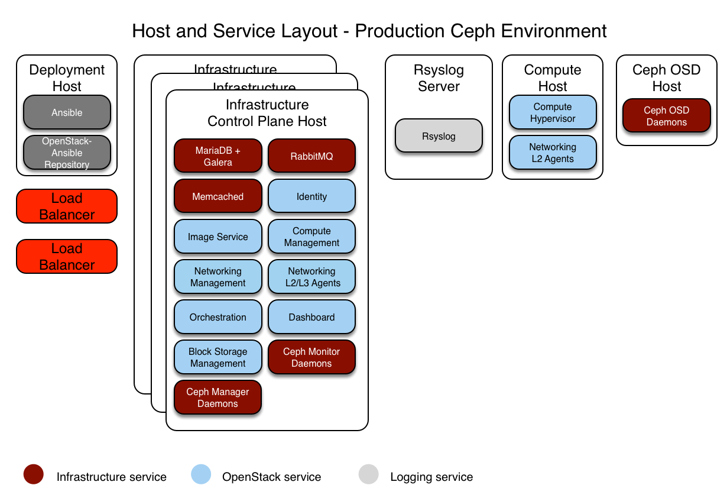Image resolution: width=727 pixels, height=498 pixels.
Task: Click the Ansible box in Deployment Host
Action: click(67, 112)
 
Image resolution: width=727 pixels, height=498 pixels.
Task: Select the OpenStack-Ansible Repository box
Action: click(67, 153)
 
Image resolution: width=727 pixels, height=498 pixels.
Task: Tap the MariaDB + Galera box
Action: click(218, 156)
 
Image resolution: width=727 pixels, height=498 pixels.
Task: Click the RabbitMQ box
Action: click(311, 156)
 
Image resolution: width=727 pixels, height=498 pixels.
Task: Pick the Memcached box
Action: click(218, 196)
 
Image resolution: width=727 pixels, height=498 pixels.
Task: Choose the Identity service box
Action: click(311, 196)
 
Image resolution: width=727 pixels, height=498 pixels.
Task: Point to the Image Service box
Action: click(218, 237)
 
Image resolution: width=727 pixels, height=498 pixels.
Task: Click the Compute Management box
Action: click(311, 237)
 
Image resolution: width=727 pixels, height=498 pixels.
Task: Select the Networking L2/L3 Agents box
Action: click(311, 277)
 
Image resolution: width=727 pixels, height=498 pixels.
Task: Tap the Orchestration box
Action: click(218, 317)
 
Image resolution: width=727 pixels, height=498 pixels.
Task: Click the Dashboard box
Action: click(311, 317)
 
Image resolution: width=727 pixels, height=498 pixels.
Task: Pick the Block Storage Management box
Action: click(218, 357)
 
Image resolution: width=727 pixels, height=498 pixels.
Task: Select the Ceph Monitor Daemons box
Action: click(311, 357)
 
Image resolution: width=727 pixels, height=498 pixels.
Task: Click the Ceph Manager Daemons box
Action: click(218, 397)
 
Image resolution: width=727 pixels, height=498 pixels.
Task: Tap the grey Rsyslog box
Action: click(439, 136)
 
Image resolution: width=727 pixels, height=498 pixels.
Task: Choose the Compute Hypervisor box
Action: click(553, 112)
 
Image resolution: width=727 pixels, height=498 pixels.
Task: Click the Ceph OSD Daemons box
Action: click(666, 116)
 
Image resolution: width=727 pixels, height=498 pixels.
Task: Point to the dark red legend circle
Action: click(34, 474)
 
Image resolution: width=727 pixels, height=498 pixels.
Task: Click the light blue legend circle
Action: click(201, 474)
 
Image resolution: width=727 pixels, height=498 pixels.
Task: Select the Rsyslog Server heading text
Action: click(439, 78)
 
